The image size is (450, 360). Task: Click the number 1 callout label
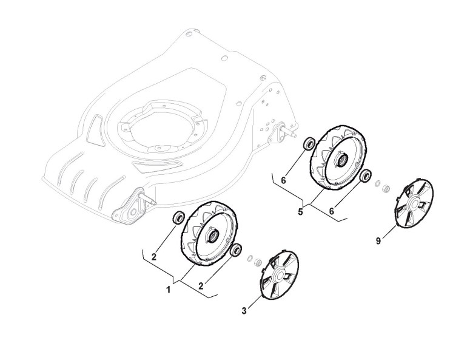pyautogui.click(x=169, y=290)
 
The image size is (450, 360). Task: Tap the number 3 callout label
pyautogui.click(x=244, y=311)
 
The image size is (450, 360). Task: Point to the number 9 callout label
pyautogui.click(x=378, y=241)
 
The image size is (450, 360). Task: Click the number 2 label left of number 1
pyautogui.click(x=154, y=257)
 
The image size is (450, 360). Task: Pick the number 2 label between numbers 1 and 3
pyautogui.click(x=201, y=283)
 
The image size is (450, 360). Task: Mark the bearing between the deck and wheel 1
pyautogui.click(x=178, y=217)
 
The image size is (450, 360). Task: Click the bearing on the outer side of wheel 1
pyautogui.click(x=236, y=250)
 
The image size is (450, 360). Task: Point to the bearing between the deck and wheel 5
pyautogui.click(x=308, y=143)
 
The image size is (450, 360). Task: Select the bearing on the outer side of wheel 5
pyautogui.click(x=365, y=175)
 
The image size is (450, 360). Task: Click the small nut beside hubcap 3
pyautogui.click(x=257, y=262)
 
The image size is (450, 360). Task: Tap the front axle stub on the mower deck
pyautogui.click(x=145, y=198)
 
